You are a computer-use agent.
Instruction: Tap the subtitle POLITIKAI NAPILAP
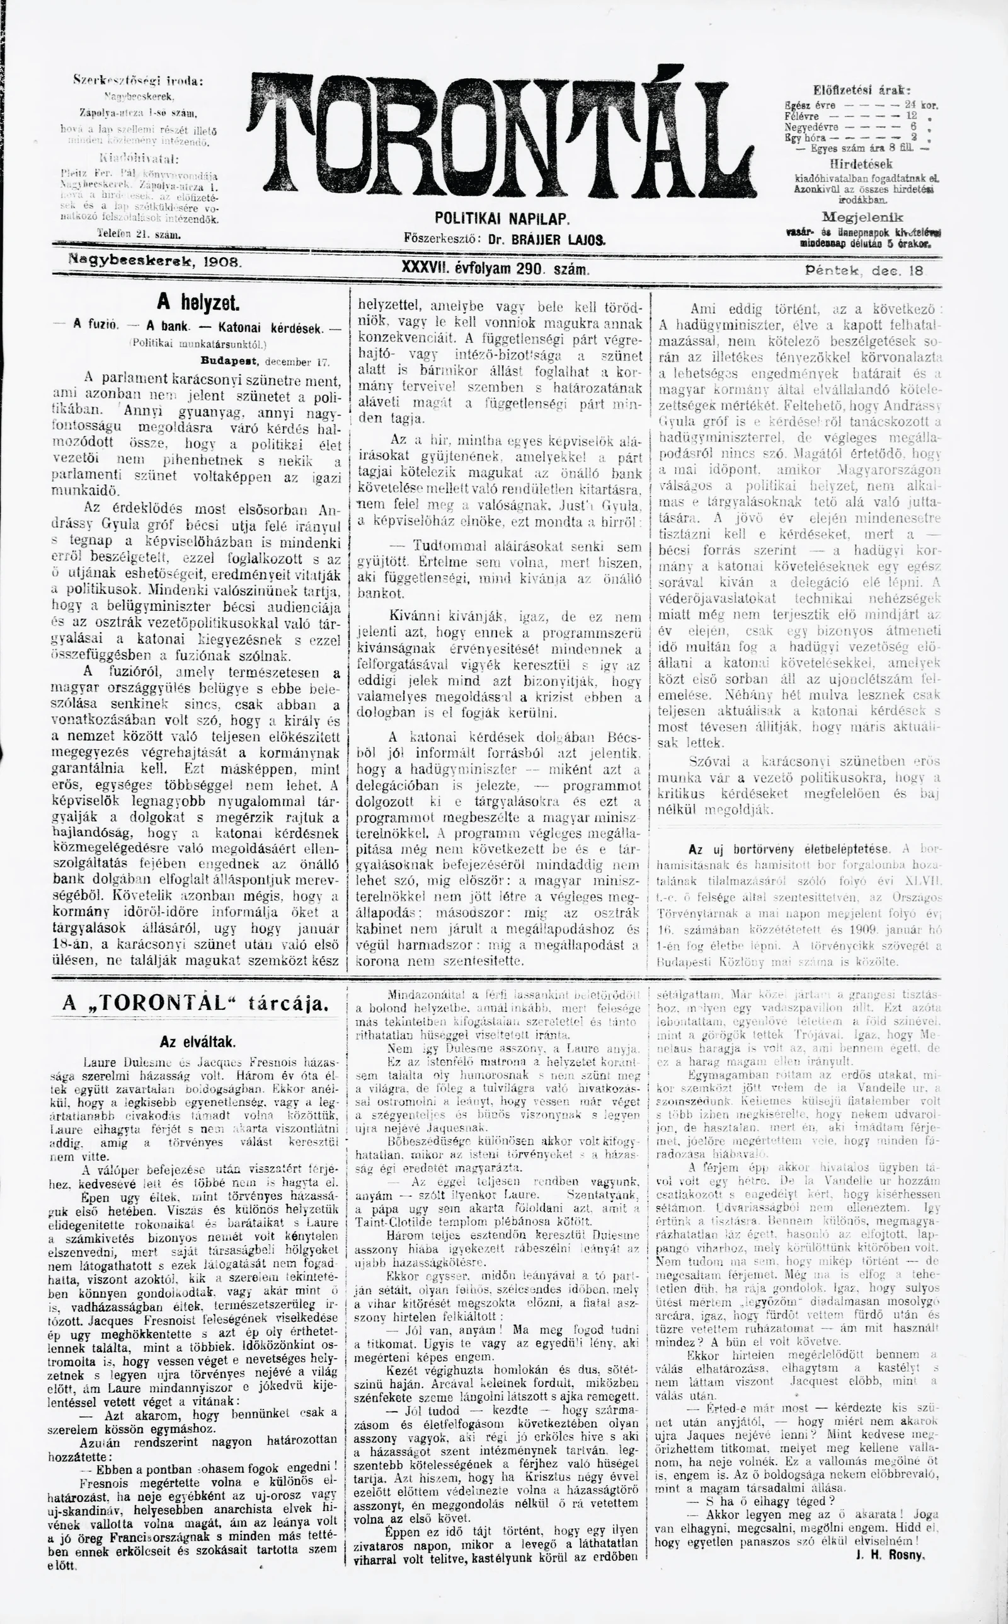pos(503,219)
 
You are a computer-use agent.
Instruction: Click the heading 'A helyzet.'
pos(198,303)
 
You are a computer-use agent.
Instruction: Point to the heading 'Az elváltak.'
pos(198,1041)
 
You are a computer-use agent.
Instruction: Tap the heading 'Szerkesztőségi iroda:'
pos(138,81)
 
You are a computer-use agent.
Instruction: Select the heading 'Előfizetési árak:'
pos(861,90)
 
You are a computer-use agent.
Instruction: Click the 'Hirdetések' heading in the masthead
pos(861,163)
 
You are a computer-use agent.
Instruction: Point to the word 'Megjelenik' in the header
pos(862,217)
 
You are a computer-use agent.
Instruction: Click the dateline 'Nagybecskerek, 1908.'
pos(156,263)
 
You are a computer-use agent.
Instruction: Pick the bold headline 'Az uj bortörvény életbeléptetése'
pos(788,849)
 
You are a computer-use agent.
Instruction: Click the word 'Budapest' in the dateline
pos(231,362)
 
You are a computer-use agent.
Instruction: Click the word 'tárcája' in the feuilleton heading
pos(288,1003)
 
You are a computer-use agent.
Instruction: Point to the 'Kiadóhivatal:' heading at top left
pos(139,159)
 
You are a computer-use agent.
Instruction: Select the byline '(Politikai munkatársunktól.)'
pos(198,344)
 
